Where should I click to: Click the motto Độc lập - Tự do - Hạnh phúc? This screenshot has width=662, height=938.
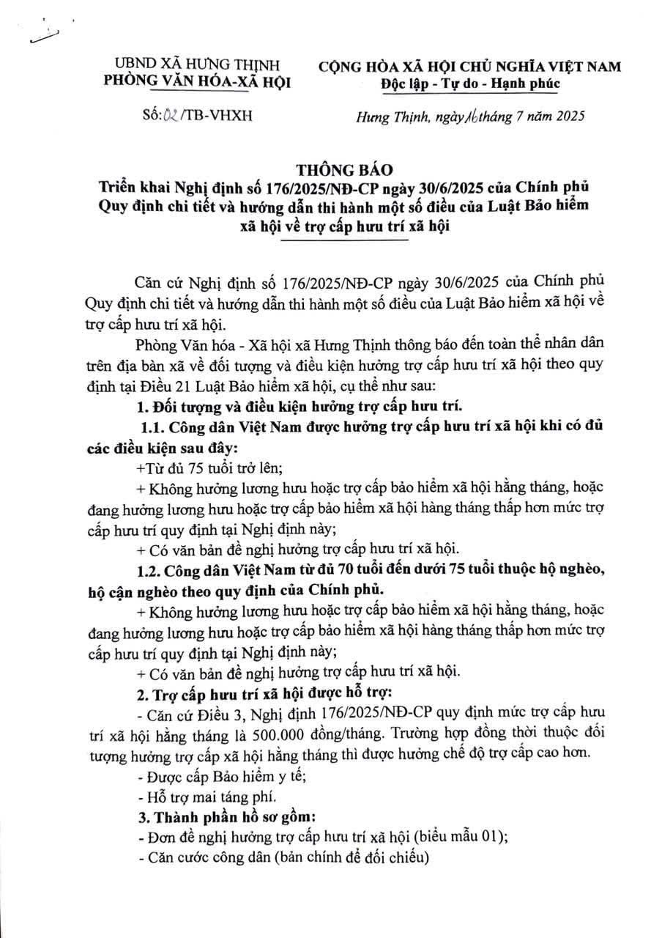471,84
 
